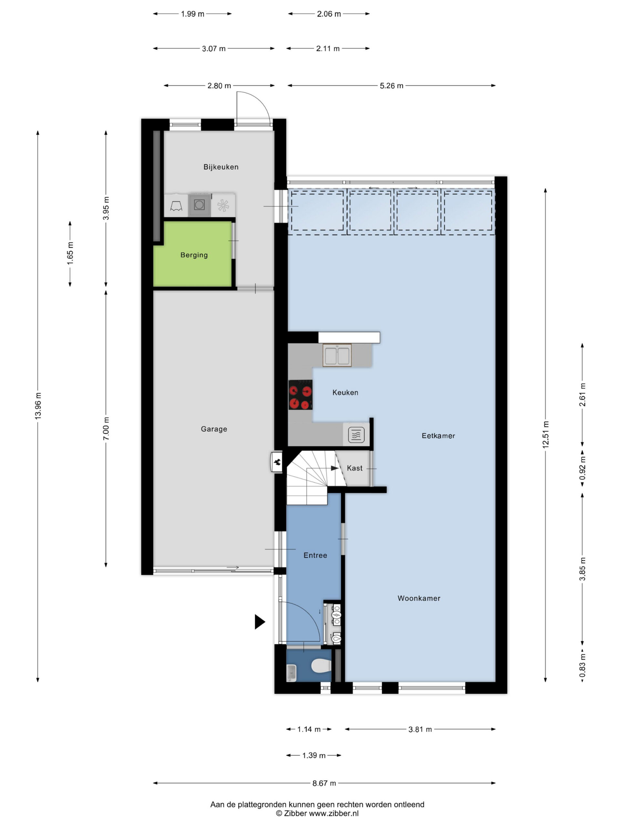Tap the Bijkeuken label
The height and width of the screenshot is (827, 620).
(221, 167)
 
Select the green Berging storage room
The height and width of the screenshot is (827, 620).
(193, 254)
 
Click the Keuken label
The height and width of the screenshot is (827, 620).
(345, 393)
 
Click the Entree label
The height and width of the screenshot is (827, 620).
(315, 555)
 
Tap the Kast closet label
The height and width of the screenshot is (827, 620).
(355, 468)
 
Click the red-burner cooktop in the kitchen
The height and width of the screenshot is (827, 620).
(300, 395)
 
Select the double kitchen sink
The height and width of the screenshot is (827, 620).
(337, 355)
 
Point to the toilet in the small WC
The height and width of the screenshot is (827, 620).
(321, 665)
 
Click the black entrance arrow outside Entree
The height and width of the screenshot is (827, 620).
(260, 622)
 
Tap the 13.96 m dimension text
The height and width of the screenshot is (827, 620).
(38, 406)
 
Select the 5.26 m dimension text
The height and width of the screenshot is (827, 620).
(391, 86)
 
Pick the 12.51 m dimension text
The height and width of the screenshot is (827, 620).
(546, 434)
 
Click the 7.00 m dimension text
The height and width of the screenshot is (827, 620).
(106, 428)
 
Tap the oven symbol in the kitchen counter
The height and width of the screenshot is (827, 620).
(356, 434)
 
